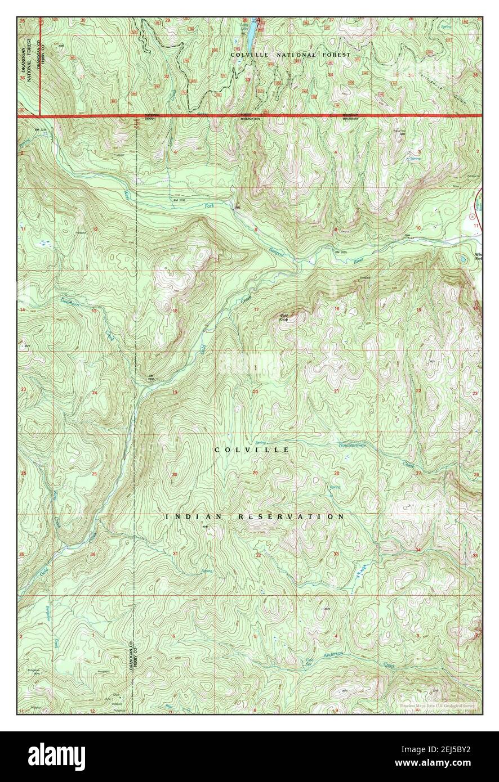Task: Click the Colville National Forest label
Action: (291, 55)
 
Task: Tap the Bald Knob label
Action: (284, 317)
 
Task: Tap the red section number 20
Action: (255, 392)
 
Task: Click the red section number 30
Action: (175, 475)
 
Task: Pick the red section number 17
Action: (256, 310)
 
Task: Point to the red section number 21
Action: (336, 390)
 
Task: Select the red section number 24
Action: (95, 393)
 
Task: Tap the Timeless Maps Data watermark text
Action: (437, 705)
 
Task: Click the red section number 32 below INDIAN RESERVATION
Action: (259, 555)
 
